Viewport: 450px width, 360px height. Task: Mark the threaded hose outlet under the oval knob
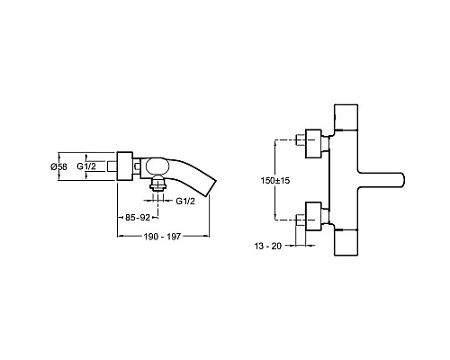pyautogui.click(x=157, y=187)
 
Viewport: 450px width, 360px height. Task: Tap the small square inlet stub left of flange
pyautogui.click(x=112, y=166)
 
